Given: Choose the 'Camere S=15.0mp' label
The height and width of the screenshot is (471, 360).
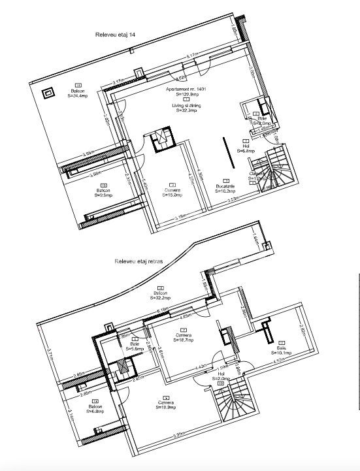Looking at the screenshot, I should tap(172, 191).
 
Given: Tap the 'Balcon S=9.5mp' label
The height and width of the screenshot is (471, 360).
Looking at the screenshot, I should tap(103, 191).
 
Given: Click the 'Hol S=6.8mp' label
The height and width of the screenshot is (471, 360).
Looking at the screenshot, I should tap(246, 148).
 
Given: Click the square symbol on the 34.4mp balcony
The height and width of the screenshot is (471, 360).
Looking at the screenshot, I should tap(48, 93).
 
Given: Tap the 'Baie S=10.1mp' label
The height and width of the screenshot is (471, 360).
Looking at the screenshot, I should tap(282, 349).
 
